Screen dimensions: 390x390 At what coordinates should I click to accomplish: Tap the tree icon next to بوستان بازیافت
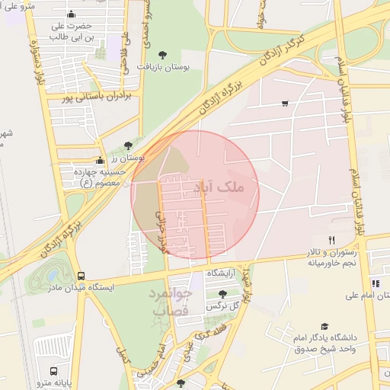(162, 54)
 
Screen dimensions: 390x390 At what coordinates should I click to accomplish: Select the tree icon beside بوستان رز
(127, 145)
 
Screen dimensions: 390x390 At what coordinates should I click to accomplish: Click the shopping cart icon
(284, 104)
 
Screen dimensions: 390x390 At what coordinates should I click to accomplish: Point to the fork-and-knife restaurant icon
(331, 240)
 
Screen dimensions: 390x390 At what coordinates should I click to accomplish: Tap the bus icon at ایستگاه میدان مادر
(82, 277)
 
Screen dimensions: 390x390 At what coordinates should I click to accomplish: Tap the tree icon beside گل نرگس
(222, 294)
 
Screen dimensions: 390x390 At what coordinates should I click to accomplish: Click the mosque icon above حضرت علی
(72, 14)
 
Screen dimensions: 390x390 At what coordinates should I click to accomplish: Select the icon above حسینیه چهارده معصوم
(100, 161)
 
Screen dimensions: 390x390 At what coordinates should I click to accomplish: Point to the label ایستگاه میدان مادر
(81, 289)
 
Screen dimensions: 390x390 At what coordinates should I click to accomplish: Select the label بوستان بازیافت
(161, 66)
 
